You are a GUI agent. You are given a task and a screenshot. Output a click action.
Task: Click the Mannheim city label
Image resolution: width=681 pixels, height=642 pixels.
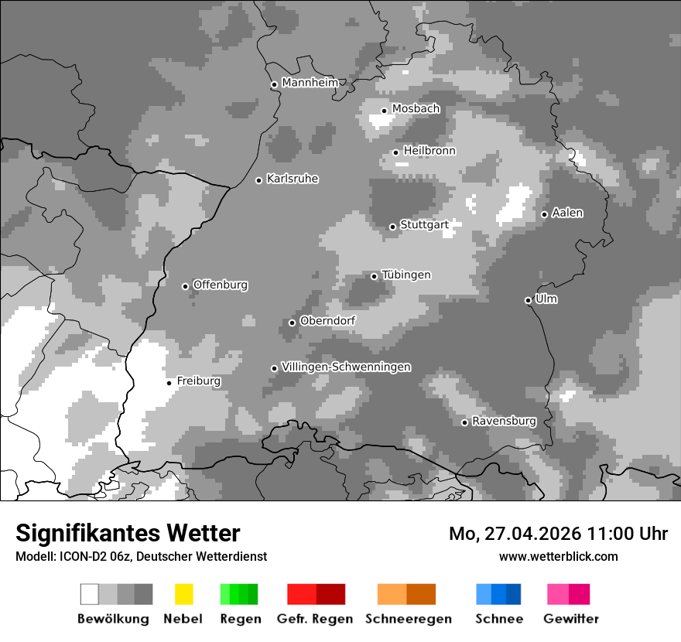click(310, 83)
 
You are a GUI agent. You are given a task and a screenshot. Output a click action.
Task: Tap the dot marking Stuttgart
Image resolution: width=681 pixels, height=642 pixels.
click(392, 227)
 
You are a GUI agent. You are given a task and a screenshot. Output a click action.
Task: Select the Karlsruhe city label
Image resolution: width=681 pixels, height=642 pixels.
click(293, 179)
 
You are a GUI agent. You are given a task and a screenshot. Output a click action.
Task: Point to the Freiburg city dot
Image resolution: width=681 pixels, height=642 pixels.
click(169, 383)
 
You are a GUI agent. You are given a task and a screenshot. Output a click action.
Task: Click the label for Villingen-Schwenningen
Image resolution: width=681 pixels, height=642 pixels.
click(346, 367)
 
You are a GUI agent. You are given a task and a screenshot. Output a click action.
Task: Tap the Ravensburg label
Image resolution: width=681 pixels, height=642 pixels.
click(504, 421)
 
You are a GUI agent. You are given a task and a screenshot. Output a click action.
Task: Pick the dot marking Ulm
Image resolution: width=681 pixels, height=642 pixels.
click(528, 300)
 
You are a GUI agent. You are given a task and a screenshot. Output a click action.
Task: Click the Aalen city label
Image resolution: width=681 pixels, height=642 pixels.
click(567, 213)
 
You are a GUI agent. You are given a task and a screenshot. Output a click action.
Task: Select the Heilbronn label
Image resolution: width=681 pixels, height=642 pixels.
click(429, 151)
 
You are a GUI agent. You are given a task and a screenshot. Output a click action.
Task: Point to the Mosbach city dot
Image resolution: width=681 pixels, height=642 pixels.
click(384, 111)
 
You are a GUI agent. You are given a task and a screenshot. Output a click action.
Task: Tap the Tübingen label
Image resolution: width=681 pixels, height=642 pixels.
click(406, 275)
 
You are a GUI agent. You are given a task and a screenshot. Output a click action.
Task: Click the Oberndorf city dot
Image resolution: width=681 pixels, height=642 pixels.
click(292, 323)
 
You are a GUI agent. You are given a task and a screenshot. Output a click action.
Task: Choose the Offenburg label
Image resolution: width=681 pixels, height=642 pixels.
click(221, 285)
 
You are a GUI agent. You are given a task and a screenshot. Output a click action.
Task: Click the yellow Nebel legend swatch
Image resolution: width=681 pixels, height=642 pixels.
click(183, 594)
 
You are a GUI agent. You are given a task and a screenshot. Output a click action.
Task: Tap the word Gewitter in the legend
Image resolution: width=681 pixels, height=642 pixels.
click(571, 619)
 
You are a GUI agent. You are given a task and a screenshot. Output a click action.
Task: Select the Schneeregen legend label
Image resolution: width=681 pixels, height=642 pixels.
click(409, 619)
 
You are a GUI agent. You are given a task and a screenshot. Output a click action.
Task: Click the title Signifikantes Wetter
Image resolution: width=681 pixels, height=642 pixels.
click(128, 533)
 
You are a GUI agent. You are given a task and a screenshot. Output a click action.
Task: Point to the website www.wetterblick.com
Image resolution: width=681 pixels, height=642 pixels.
click(558, 556)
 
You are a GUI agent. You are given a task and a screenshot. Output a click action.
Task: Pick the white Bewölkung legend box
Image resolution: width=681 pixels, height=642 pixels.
click(90, 594)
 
